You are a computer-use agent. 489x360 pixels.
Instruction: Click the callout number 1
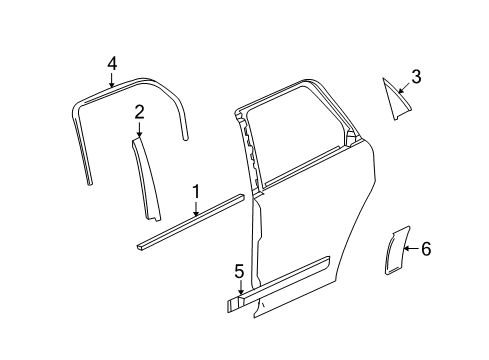tap(196, 190)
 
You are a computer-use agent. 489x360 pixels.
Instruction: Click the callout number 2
tap(140, 112)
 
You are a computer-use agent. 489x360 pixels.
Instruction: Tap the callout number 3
tap(416, 75)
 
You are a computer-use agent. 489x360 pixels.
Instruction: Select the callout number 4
tap(112, 63)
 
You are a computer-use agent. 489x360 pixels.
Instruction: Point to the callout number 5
tap(239, 270)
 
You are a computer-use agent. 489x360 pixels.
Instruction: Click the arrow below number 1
tap(197, 207)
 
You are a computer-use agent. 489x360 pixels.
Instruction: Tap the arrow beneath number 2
tap(140, 129)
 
